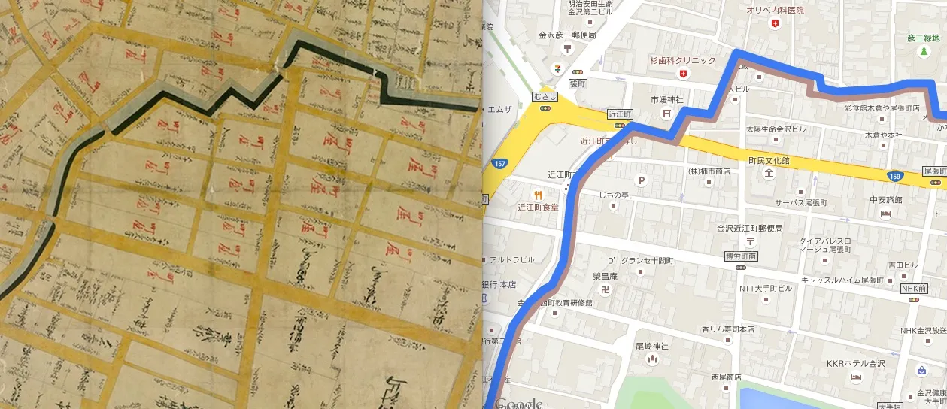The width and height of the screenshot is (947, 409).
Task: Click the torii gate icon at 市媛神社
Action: pos(666,114)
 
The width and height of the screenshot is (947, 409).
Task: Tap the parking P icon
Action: pos(642,180)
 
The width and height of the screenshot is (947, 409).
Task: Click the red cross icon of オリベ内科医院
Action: pos(775,24)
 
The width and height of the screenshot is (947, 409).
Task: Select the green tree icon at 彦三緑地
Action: pos(923,52)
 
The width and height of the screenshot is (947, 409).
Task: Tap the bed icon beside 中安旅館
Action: pos(885,214)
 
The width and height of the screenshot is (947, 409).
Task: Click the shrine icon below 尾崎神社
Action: pos(652,359)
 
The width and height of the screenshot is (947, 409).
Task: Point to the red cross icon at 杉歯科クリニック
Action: pos(683,73)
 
